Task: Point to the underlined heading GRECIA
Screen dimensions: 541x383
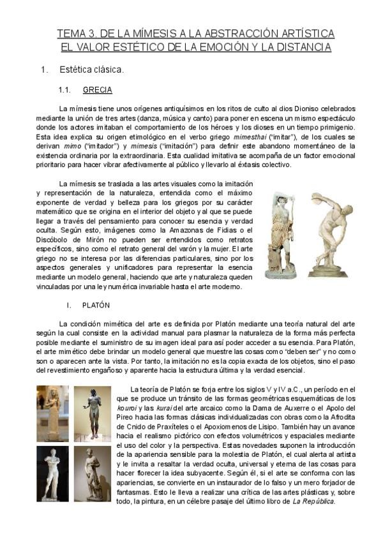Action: pos(98,90)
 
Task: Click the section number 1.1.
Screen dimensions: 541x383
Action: pos(68,90)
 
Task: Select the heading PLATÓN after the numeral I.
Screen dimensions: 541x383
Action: pos(96,306)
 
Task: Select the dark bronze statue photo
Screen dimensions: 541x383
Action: pos(92,415)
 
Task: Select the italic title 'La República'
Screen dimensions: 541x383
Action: pos(313,501)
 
